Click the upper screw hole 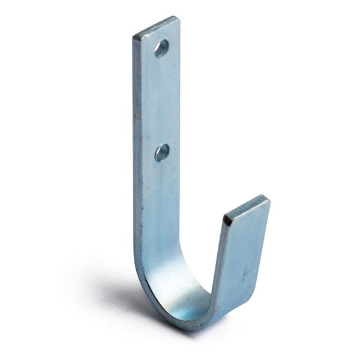[x=161, y=48]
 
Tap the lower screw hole [x=161, y=152]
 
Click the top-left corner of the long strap [x=134, y=37]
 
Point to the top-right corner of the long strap [x=178, y=18]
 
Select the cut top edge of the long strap [x=156, y=27]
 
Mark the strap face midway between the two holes [x=159, y=101]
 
